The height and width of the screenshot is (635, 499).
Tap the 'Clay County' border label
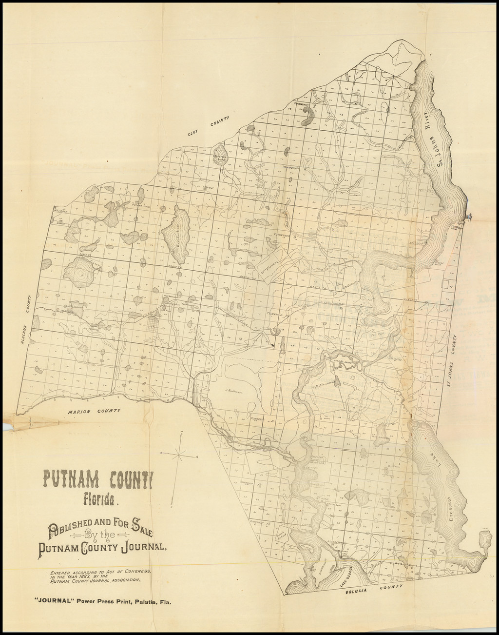click(x=210, y=128)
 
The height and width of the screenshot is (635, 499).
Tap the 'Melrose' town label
click(x=60, y=210)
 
